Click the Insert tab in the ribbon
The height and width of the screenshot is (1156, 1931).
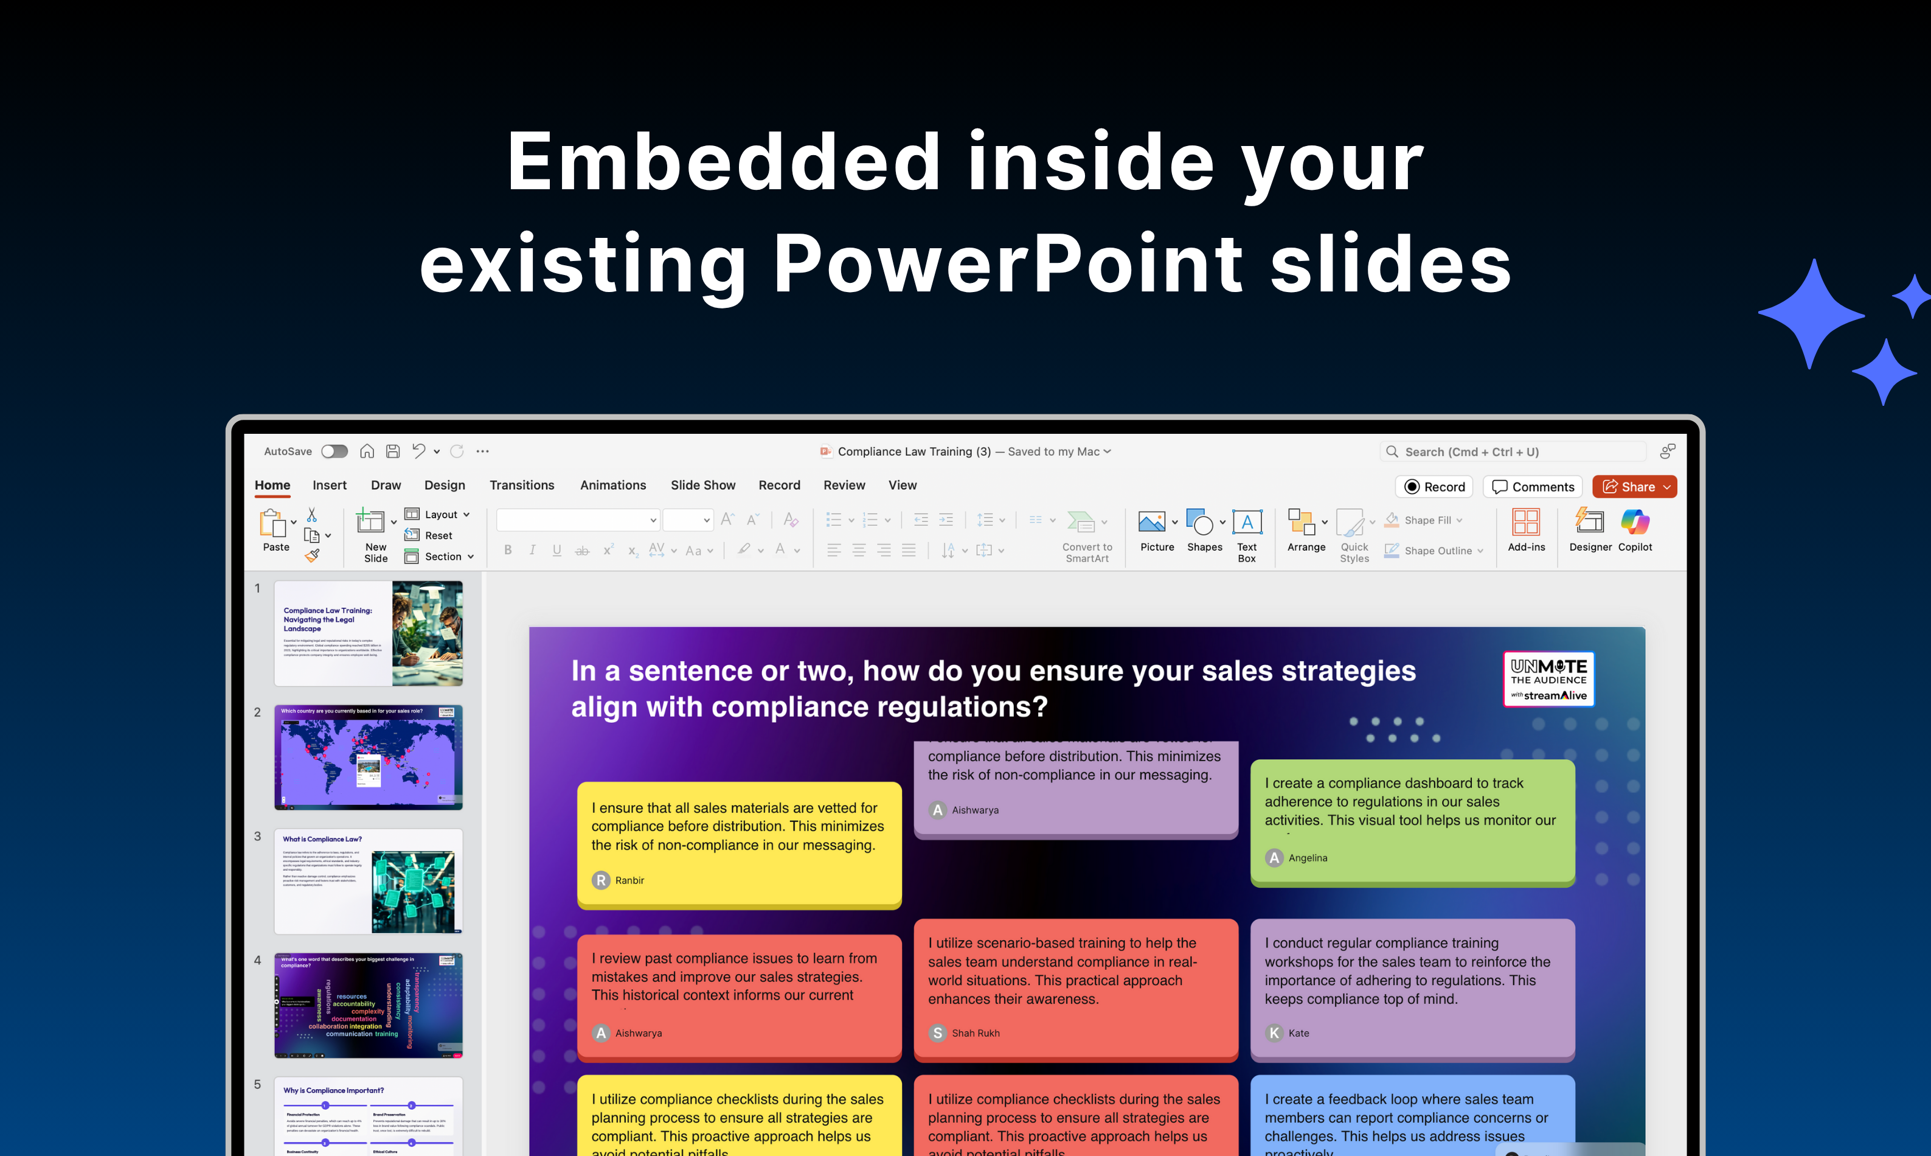[330, 486]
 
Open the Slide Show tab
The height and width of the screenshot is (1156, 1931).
[702, 486]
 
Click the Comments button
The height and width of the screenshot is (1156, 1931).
[1533, 487]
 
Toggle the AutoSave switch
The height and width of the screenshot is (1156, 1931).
[334, 452]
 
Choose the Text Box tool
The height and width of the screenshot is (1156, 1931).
[1247, 534]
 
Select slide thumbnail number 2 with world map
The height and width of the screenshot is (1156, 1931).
[369, 757]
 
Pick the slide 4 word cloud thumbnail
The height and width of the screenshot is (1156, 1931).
[369, 1005]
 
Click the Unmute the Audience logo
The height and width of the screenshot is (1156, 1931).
[1548, 679]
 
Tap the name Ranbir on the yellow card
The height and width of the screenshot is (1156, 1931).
[629, 880]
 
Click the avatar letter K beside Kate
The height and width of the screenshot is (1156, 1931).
[1274, 1033]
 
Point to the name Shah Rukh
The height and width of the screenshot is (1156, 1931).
[975, 1033]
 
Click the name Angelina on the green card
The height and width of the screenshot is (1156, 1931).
[1308, 858]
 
